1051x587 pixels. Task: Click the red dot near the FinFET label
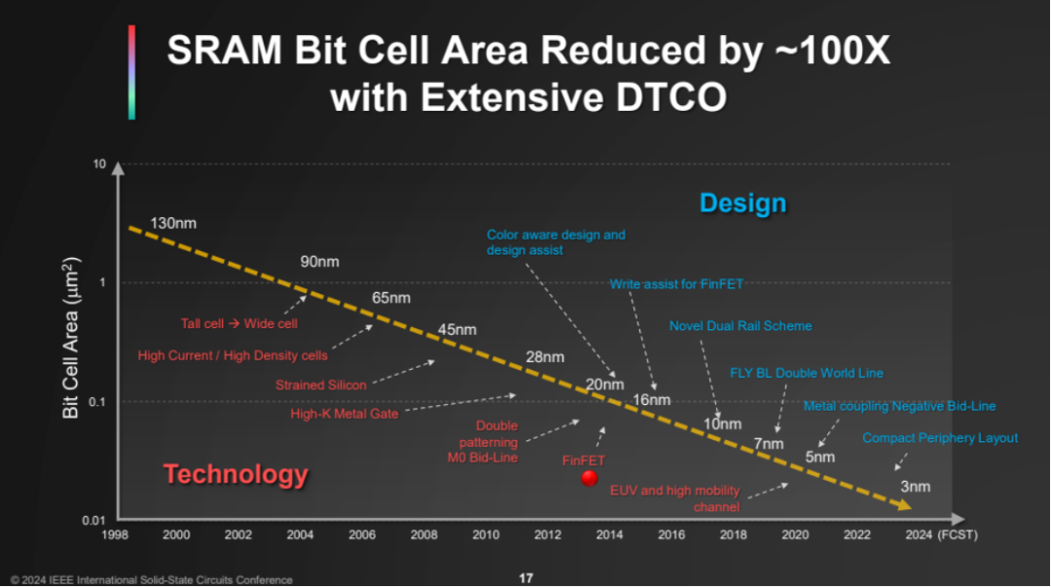point(589,477)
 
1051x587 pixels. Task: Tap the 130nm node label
point(173,223)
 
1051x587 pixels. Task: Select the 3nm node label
point(915,486)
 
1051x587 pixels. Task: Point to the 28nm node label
point(545,356)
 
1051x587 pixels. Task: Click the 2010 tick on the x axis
point(486,534)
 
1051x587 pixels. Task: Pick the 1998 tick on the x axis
point(115,534)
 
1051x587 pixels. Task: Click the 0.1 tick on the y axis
point(95,401)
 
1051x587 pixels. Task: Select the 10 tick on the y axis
point(98,164)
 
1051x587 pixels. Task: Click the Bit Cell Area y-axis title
point(71,338)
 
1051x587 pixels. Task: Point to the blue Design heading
point(742,202)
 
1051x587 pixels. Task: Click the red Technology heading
point(236,474)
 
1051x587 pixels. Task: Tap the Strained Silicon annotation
point(320,385)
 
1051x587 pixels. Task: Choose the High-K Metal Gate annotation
point(344,414)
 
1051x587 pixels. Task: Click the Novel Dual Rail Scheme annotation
point(740,325)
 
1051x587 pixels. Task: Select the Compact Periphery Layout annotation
point(939,438)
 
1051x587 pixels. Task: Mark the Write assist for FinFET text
point(676,283)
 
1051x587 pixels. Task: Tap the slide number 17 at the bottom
point(525,578)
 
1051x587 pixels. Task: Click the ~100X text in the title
point(828,52)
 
